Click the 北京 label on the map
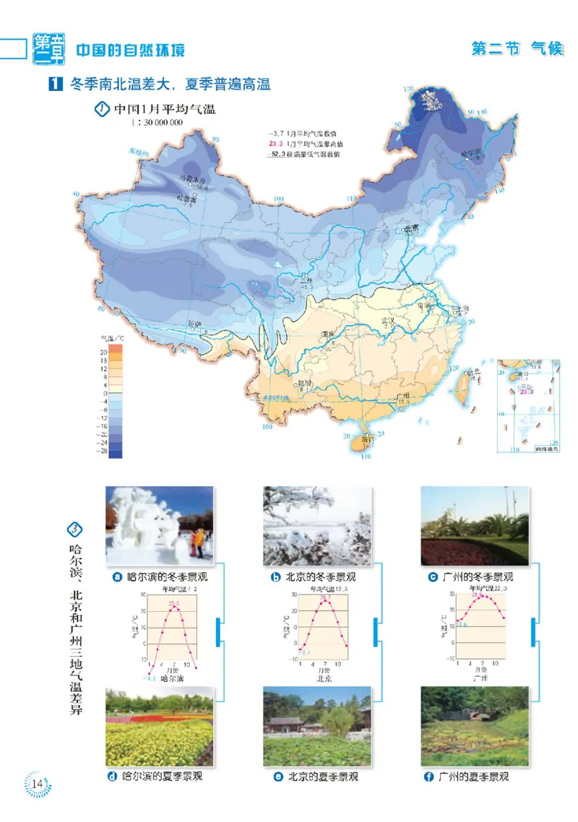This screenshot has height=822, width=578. point(410,229)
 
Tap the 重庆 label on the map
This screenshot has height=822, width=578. point(330,334)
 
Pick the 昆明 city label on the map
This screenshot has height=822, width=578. point(306,383)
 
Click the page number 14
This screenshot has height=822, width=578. point(38,783)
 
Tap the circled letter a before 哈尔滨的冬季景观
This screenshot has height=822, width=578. point(117,577)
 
